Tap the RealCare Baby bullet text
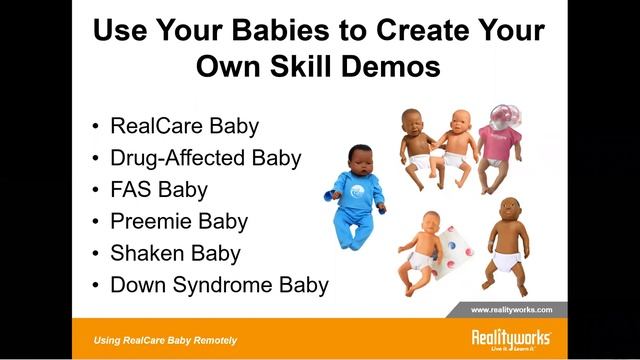(184, 126)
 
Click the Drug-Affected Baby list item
(205, 158)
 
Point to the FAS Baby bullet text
(161, 189)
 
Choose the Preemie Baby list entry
(179, 221)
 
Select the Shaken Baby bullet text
(175, 253)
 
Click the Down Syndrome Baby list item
(219, 285)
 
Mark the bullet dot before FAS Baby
(95, 190)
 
